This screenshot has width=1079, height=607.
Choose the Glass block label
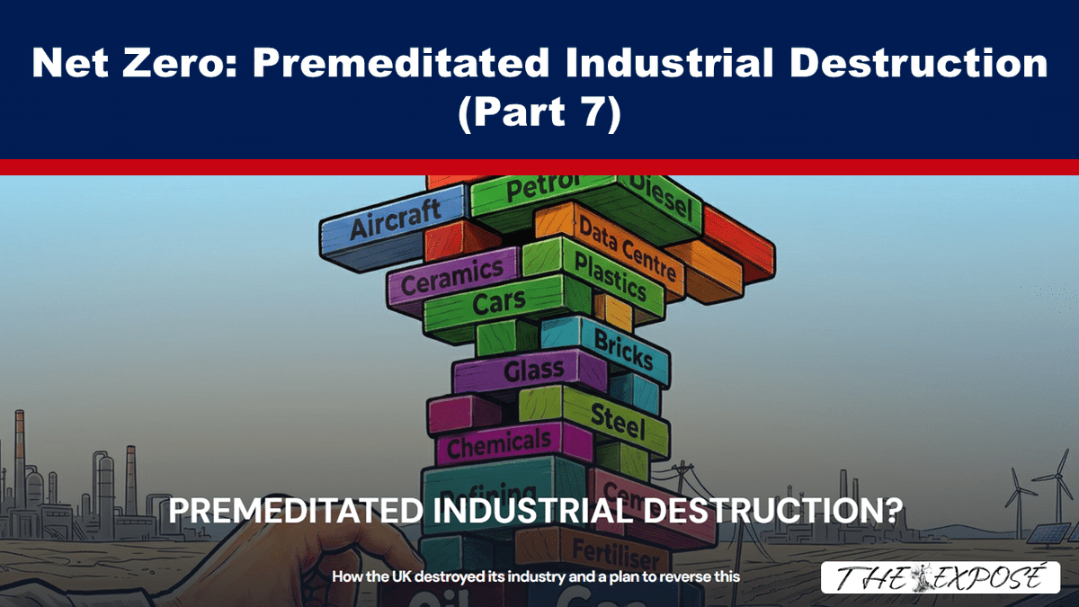tap(534, 369)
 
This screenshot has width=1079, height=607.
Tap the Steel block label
tap(618, 420)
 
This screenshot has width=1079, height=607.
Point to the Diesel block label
tap(661, 198)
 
